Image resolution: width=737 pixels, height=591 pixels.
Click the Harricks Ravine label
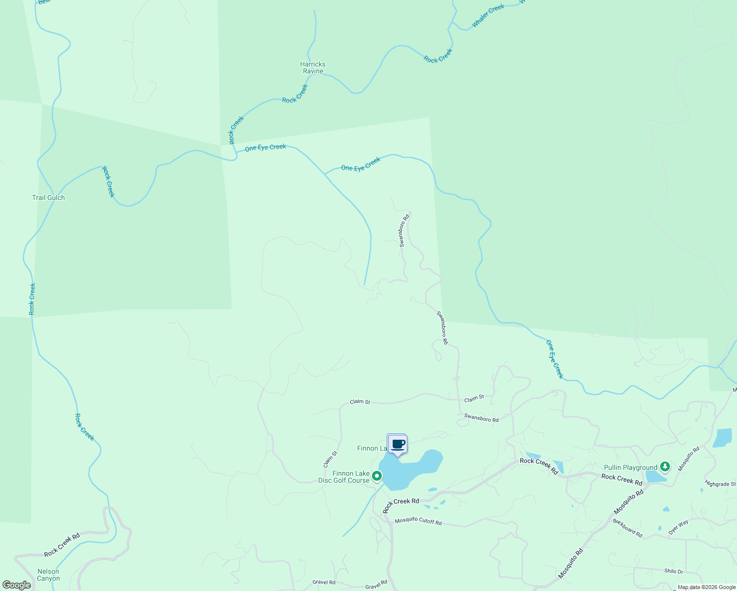pyautogui.click(x=313, y=67)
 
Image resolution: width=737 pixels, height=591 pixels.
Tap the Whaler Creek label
pyautogui.click(x=488, y=16)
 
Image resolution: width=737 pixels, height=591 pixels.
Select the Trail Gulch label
pyautogui.click(x=48, y=197)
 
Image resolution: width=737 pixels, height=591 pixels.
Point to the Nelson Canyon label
pyautogui.click(x=48, y=575)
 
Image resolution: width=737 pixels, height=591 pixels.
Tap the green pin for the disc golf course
pyautogui.click(x=377, y=476)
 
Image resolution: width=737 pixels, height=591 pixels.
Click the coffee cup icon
pyautogui.click(x=398, y=444)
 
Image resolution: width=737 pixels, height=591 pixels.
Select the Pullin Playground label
pyautogui.click(x=631, y=467)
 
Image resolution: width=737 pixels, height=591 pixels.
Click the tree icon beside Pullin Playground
pyautogui.click(x=665, y=466)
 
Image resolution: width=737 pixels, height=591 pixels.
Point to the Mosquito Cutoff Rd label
pyautogui.click(x=418, y=521)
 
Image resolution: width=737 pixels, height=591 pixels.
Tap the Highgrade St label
pyautogui.click(x=720, y=484)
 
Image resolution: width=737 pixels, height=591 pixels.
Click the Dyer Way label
pyautogui.click(x=678, y=527)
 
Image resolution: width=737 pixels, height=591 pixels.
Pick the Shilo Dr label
pyautogui.click(x=673, y=571)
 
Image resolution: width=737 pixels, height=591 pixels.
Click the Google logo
pyautogui.click(x=17, y=585)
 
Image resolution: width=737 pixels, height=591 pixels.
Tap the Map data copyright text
pyautogui.click(x=706, y=587)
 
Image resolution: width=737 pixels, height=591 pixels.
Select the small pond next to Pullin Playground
pyautogui.click(x=655, y=476)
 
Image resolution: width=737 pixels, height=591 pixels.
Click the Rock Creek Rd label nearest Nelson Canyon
pyautogui.click(x=62, y=546)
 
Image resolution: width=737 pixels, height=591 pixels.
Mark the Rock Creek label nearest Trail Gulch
pyautogui.click(x=108, y=182)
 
